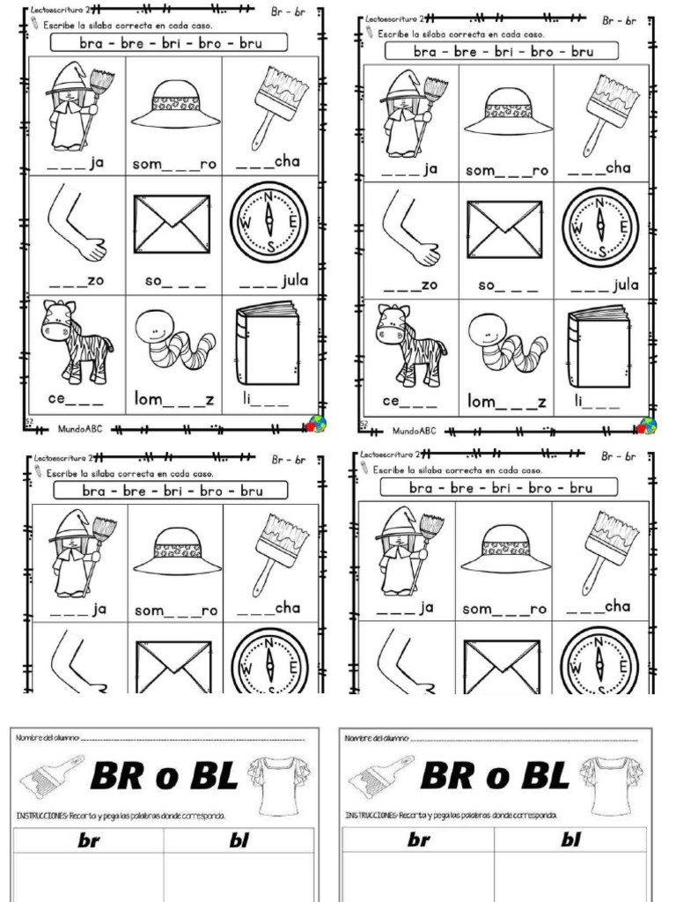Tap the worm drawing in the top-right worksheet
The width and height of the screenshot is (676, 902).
click(x=508, y=345)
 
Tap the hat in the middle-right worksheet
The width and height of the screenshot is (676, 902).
click(x=507, y=551)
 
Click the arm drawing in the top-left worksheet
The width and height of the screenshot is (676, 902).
click(x=79, y=225)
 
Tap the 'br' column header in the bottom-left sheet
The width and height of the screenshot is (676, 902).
click(x=88, y=841)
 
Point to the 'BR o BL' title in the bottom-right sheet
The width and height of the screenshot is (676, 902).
click(x=495, y=775)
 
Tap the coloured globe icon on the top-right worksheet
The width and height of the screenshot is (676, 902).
click(x=647, y=425)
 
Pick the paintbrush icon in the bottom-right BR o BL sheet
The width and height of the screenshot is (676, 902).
click(x=379, y=777)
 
